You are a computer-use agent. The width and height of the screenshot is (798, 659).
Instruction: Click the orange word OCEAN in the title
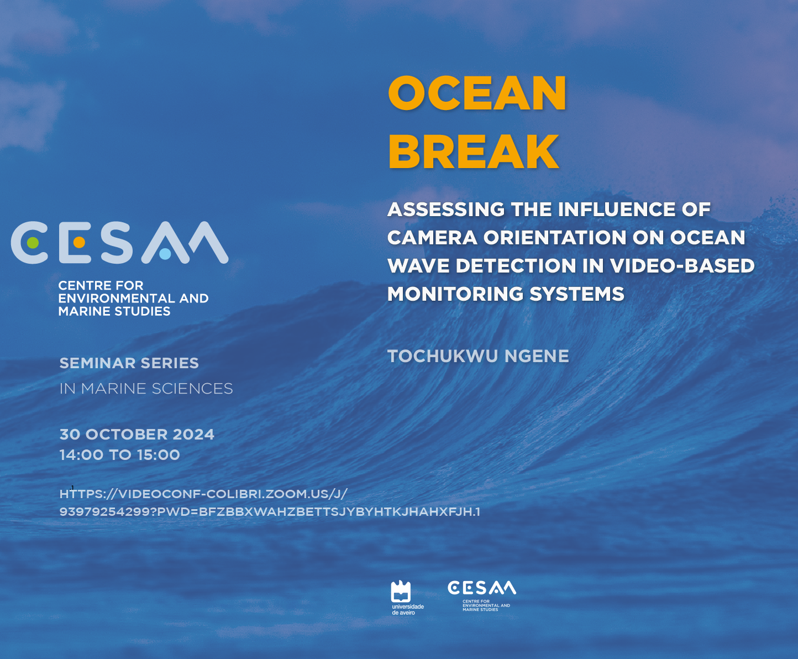[x=476, y=92]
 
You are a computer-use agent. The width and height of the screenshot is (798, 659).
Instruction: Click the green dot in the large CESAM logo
[x=33, y=243]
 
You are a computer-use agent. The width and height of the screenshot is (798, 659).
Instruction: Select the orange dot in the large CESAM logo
[x=79, y=243]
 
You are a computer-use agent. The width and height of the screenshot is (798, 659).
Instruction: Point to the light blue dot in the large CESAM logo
[x=165, y=254]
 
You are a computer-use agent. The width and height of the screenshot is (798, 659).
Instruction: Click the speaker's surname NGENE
[x=537, y=356]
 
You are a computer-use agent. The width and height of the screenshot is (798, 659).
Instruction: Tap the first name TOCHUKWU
[x=443, y=356]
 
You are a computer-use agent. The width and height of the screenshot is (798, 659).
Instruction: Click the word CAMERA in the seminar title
[x=432, y=238]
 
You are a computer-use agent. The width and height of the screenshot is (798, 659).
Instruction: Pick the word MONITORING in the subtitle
[x=455, y=294]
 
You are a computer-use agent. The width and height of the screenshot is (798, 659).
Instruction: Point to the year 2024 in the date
[x=193, y=435]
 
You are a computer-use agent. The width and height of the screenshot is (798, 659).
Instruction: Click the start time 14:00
[x=81, y=455]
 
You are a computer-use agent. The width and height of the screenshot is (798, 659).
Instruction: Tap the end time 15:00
[x=158, y=455]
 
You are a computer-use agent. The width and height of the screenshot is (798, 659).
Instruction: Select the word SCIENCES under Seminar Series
[x=192, y=389]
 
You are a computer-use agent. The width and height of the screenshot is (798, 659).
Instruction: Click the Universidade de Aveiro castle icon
[x=401, y=592]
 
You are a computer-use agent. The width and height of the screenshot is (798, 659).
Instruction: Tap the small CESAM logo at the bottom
[x=481, y=595]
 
